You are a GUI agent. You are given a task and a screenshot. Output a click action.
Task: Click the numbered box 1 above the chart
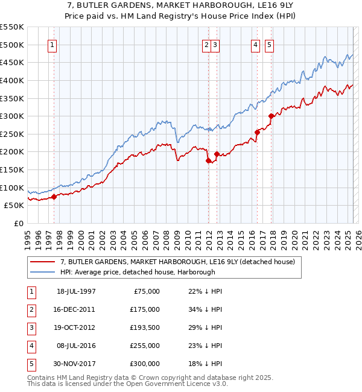(52, 44)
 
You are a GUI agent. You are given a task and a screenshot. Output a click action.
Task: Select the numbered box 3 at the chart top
(215, 44)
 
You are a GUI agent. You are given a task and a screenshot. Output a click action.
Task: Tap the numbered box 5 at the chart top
(268, 44)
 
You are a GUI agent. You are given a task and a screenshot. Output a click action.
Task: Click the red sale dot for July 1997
(54, 196)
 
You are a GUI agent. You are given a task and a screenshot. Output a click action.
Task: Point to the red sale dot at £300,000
(271, 116)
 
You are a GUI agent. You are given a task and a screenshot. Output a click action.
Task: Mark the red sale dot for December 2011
(209, 160)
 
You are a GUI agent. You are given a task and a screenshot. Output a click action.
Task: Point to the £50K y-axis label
(14, 206)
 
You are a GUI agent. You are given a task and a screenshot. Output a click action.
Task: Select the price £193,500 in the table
(144, 327)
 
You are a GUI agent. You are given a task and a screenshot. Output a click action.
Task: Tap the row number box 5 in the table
(30, 364)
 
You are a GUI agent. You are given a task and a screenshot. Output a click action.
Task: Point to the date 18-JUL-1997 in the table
(76, 291)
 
